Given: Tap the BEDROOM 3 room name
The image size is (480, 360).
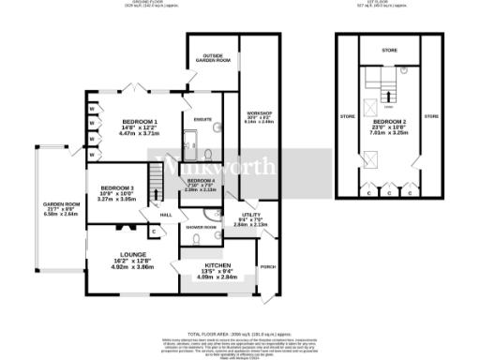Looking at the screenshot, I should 118,187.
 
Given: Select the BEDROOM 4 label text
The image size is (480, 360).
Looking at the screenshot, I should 201,179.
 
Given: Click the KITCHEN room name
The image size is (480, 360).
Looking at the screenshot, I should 217,266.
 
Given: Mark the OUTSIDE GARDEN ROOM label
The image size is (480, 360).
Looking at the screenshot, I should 211,57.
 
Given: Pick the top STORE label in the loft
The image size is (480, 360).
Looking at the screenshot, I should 389,50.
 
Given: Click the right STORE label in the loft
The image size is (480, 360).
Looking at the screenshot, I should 431,116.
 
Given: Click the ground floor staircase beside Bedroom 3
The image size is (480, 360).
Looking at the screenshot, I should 158,187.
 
